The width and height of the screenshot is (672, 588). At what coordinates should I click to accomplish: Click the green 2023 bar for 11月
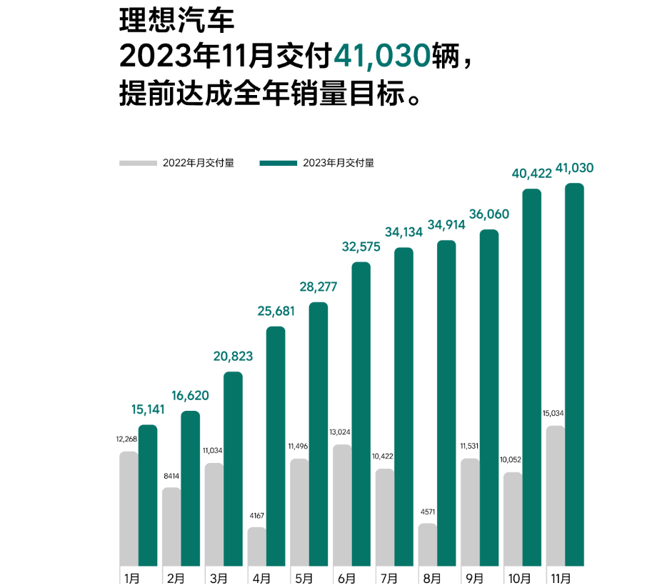pos(574,375)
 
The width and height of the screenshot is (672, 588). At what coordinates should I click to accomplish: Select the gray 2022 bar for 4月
pos(257,547)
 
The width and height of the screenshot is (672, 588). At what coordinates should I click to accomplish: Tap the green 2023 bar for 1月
pos(148,495)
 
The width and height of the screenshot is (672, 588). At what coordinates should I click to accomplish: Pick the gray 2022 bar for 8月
pos(427,544)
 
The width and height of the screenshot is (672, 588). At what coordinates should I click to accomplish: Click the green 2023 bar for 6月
pos(361,414)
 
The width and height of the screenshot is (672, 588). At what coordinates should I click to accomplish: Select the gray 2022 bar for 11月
pos(555,496)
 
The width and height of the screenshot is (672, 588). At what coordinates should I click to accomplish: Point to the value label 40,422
pos(532,174)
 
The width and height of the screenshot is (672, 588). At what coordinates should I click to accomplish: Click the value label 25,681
pos(276,312)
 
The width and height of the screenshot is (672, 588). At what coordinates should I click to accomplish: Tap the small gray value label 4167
pos(257,516)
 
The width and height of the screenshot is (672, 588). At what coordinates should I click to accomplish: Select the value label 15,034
pos(555,414)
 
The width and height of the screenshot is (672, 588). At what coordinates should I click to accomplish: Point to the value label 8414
pos(171,475)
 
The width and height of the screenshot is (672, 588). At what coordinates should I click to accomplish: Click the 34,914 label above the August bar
pos(446,225)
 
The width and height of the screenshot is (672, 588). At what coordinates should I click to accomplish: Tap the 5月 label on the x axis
pos(303,578)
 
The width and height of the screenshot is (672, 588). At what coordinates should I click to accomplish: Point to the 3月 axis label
pos(219,578)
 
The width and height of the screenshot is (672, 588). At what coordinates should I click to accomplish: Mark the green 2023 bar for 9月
pos(489,398)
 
